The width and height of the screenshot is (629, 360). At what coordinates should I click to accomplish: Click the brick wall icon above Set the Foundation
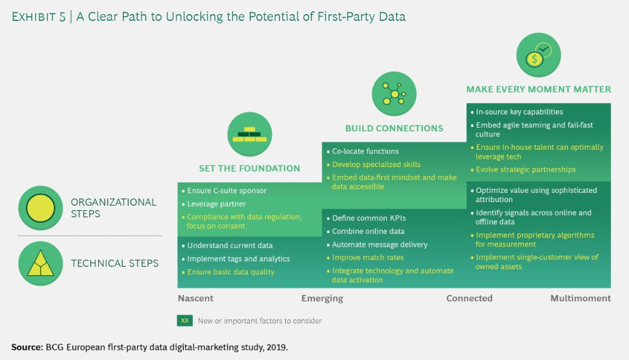[249, 134]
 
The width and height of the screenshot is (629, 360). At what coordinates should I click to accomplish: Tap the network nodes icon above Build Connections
[394, 94]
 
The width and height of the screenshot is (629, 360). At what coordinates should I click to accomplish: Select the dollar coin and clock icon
[538, 55]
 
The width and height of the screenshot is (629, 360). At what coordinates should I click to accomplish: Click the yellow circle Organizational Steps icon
[41, 208]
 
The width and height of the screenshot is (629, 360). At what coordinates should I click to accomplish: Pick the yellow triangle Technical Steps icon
[41, 263]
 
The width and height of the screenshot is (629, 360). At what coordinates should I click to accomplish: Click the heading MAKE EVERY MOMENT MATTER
[538, 90]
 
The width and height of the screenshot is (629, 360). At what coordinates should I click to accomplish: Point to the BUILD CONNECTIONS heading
[394, 128]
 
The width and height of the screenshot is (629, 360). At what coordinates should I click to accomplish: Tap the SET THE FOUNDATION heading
[249, 168]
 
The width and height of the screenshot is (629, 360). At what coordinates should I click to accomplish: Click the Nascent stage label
[196, 299]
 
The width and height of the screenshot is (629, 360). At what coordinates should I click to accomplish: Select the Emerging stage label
[322, 299]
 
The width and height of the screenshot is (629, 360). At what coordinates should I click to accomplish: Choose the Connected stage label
[469, 299]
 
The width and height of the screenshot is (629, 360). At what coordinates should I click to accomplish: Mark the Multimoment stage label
[580, 299]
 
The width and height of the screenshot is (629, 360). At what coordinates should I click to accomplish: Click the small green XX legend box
[185, 321]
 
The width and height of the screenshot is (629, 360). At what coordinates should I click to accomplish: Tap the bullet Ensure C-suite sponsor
[227, 190]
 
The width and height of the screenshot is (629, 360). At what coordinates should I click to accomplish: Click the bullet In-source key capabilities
[519, 112]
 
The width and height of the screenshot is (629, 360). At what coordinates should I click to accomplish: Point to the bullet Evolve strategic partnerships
[525, 170]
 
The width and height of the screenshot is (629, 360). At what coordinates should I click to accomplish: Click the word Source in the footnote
[27, 347]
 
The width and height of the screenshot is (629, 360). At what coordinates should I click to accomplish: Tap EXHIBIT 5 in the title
[37, 17]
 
